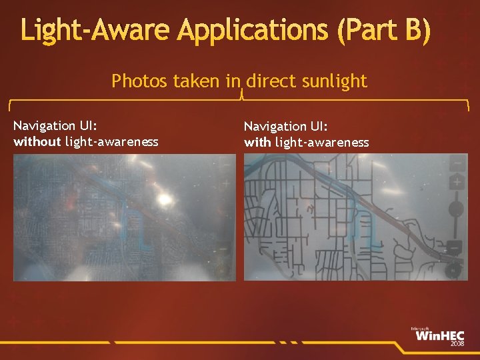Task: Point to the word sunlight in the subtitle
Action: click(334, 81)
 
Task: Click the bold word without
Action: click(37, 141)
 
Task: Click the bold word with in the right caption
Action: click(257, 142)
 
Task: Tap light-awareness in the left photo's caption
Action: click(112, 141)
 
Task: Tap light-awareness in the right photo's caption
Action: click(322, 142)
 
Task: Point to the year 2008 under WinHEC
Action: click(457, 345)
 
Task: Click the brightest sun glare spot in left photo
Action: click(163, 198)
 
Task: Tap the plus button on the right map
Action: click(457, 181)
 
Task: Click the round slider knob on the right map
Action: click(456, 209)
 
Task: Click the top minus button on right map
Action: click(457, 162)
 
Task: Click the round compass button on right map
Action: click(455, 270)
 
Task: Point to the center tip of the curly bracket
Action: click(240, 95)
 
